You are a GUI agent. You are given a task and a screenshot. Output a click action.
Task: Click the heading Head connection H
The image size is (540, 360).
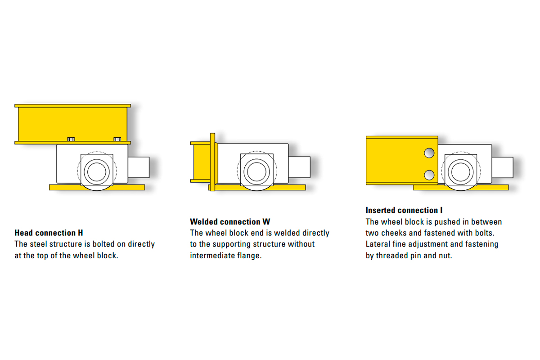tap(49, 233)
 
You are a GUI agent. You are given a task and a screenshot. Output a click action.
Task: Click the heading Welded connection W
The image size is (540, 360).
tap(230, 221)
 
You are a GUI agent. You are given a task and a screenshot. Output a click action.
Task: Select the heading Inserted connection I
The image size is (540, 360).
tap(404, 210)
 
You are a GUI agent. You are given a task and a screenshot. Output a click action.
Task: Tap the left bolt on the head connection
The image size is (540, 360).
tap(71, 139)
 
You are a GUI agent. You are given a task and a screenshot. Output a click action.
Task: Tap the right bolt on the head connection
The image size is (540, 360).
tap(117, 139)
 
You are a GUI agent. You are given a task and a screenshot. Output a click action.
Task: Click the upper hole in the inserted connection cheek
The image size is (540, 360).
tap(429, 153)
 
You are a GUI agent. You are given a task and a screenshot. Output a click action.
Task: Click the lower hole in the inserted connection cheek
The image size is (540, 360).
tap(429, 175)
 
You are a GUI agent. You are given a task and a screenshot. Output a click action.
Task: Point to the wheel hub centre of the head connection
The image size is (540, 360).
tap(97, 172)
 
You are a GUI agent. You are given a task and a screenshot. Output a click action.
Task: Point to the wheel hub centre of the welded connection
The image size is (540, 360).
tap(256, 171)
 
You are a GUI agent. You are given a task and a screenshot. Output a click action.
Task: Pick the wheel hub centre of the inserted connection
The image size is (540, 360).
tap(461, 172)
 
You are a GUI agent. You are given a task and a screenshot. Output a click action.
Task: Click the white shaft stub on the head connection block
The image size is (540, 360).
tap(139, 167)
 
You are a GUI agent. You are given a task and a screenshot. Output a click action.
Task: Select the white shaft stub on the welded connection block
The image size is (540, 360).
tap(299, 167)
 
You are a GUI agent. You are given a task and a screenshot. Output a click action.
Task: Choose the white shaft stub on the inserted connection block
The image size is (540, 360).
tap(502, 167)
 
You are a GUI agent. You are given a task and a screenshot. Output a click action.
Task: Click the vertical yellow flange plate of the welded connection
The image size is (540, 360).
tap(212, 162)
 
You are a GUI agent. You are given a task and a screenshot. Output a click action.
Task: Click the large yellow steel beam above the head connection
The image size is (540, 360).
tap(73, 124)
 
